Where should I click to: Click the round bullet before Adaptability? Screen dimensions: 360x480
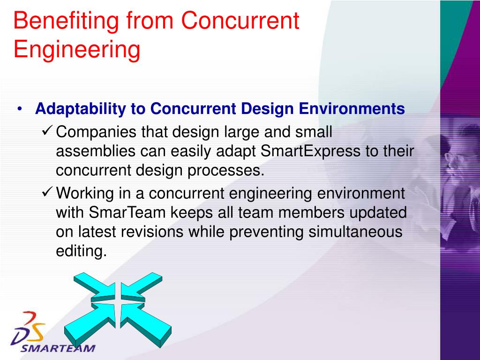point(21,110)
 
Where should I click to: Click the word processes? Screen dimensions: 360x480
point(226,171)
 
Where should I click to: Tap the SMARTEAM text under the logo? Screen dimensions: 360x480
point(58,348)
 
